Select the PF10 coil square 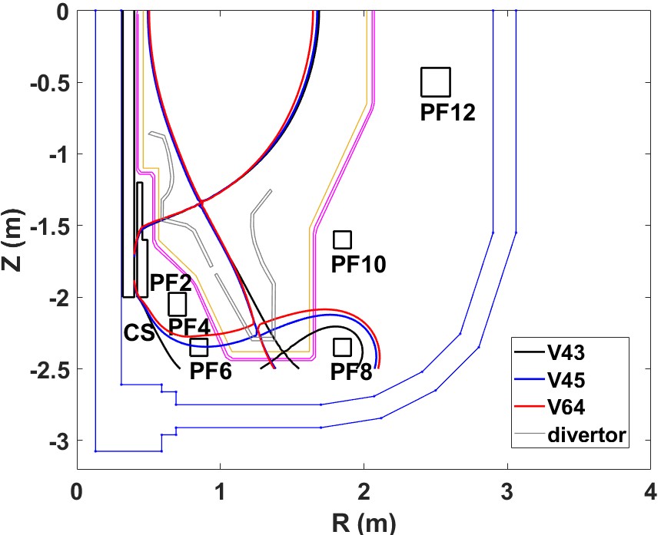342,239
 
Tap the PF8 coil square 342,347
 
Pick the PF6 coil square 199,348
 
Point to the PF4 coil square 178,304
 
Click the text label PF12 448,113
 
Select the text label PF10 358,265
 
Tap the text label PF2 170,281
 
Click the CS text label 139,333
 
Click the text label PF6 211,372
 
